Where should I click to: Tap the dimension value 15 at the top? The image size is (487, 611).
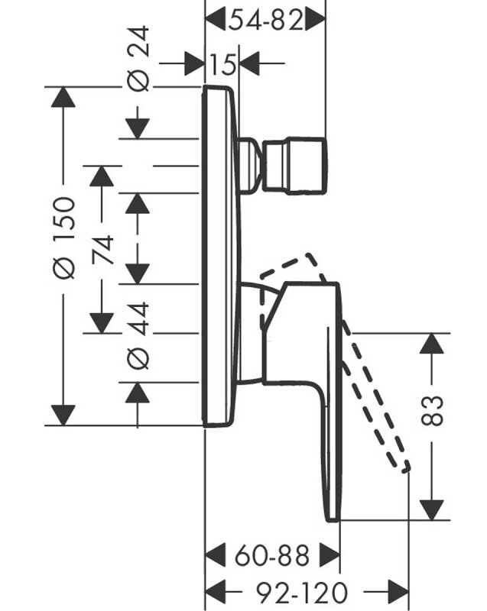[x=222, y=64]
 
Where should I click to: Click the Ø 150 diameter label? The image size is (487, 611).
[x=65, y=238]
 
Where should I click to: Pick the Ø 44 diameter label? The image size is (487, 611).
[x=138, y=335]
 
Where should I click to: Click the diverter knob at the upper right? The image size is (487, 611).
[x=295, y=164]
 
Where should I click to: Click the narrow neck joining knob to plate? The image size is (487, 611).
[x=249, y=164]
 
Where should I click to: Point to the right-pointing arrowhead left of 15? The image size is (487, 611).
[x=195, y=64]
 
